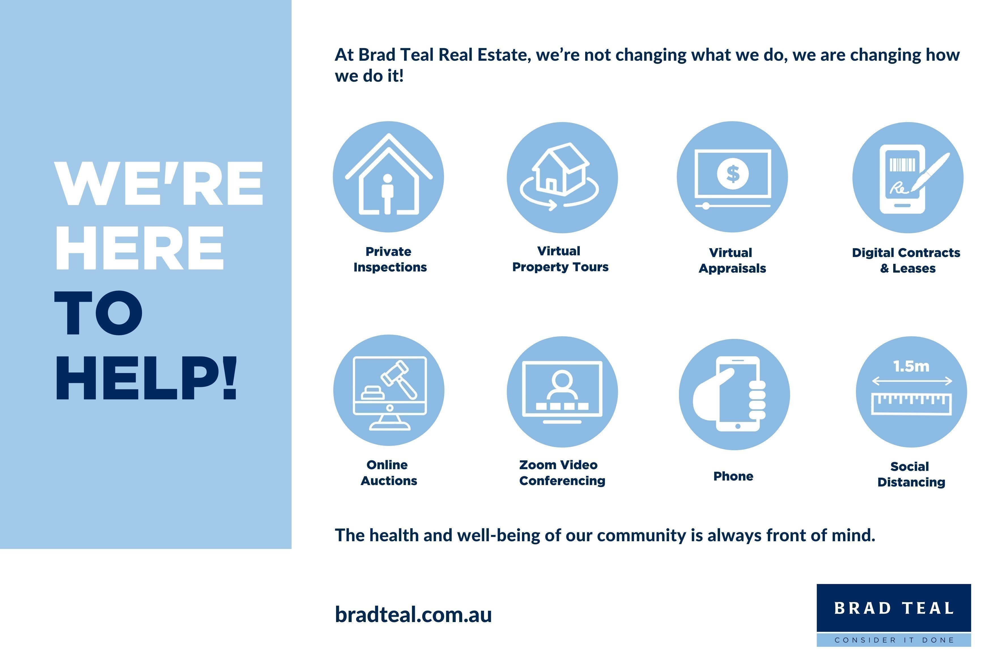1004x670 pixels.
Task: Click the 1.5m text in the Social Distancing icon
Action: (x=911, y=366)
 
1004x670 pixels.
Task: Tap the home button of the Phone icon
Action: (x=738, y=426)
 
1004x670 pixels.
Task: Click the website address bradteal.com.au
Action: (x=413, y=614)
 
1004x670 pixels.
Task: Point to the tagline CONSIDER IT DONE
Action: (x=894, y=640)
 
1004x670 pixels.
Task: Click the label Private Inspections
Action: (x=389, y=259)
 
